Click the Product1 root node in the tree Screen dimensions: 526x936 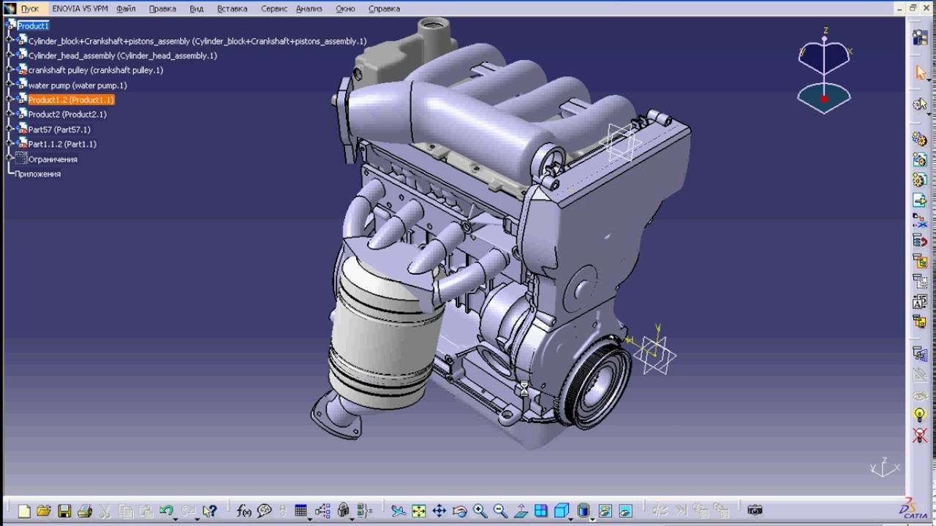pos(33,26)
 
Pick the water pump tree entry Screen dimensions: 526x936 pos(77,85)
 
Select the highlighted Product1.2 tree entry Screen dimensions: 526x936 pos(71,100)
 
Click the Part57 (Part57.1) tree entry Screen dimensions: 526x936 pos(59,129)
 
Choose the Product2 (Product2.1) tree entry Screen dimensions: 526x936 pos(67,115)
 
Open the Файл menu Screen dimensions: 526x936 pos(126,9)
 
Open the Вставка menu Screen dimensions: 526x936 pos(232,9)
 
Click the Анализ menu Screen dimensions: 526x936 pos(309,9)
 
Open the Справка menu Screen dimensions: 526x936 pos(384,9)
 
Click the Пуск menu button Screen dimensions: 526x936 pos(29,9)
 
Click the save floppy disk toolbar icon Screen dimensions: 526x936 pos(64,511)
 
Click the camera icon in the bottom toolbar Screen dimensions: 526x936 pos(755,510)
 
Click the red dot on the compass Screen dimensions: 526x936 pos(824,99)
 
